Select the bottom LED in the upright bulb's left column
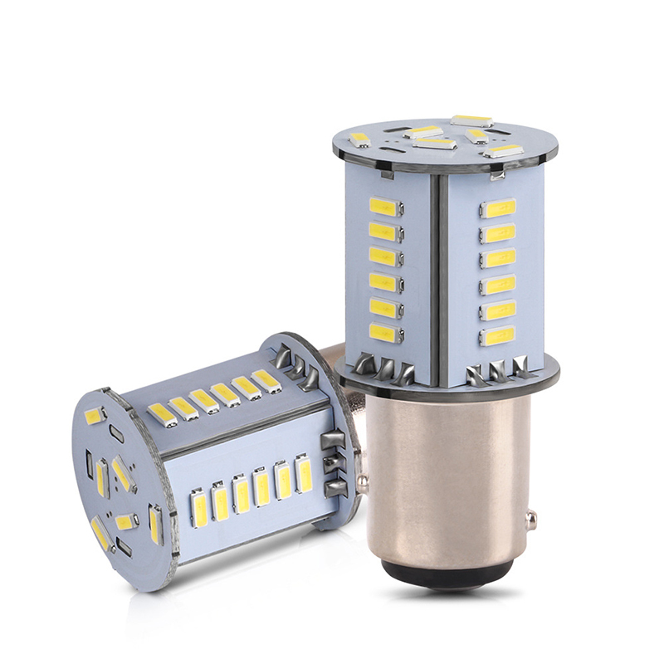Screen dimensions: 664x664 (387, 334)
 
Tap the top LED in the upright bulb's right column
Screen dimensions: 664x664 (499, 207)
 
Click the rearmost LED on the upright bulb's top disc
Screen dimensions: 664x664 (471, 121)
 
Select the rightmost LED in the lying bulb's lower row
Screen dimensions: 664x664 (305, 475)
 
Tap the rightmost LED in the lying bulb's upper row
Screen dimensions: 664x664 (266, 380)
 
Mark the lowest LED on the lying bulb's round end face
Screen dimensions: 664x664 (101, 534)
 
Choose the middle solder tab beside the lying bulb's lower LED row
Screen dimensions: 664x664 (334, 465)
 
